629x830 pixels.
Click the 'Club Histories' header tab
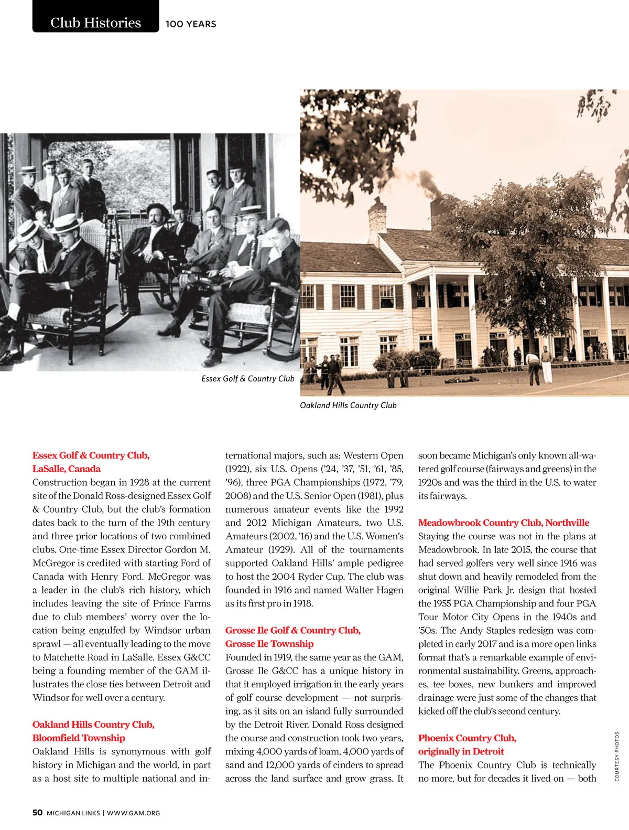(95, 23)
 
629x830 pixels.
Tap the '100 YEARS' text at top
(191, 24)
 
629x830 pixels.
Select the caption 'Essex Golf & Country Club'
(247, 379)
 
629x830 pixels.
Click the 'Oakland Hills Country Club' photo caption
(348, 406)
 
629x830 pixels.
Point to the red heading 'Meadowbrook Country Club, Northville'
(503, 523)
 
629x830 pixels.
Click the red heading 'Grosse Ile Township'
(269, 644)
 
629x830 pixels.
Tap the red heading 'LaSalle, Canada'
(67, 469)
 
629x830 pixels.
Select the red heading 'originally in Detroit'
(461, 751)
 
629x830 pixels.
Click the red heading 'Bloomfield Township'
(79, 738)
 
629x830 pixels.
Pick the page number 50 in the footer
(38, 813)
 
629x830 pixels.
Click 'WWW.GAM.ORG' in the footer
(134, 813)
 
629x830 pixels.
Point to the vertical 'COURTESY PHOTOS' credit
(617, 756)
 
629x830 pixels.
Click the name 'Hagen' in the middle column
(389, 590)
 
